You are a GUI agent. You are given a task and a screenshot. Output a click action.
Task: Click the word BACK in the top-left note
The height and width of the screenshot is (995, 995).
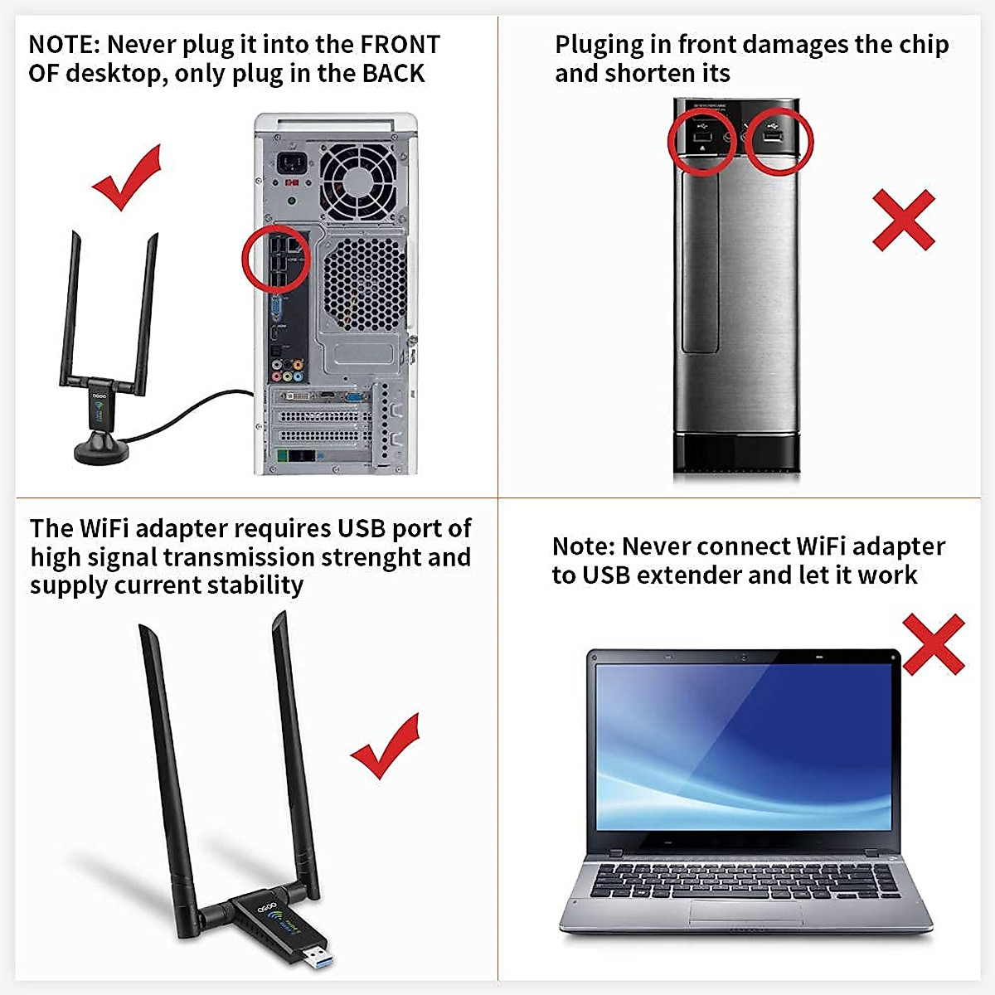(393, 73)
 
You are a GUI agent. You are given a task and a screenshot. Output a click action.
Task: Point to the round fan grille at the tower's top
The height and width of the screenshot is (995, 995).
(356, 177)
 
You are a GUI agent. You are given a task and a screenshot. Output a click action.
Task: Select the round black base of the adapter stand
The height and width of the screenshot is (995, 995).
(101, 452)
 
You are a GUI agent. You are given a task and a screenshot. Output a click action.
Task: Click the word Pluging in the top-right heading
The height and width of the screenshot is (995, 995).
(599, 44)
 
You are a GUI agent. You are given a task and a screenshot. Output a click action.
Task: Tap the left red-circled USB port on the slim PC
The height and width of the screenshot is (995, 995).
(701, 138)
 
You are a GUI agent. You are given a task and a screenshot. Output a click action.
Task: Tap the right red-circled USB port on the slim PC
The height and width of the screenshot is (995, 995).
(779, 138)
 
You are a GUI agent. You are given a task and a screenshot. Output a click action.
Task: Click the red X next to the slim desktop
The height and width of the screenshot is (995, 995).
(903, 220)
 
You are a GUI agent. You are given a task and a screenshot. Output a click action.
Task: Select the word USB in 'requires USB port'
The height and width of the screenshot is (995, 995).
(362, 528)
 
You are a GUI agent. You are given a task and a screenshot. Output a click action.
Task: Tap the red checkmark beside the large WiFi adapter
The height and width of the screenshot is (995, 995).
(386, 745)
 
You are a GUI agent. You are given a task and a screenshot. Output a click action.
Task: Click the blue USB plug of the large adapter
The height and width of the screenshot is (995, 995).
(315, 954)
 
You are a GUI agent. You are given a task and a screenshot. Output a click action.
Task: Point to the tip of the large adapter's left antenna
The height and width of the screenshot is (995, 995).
(142, 630)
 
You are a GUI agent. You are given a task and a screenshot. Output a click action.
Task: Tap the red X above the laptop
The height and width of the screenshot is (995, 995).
(933, 643)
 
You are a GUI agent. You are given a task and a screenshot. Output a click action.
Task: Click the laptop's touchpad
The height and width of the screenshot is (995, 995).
(745, 912)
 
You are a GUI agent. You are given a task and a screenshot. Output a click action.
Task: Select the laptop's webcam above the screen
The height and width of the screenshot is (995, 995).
(744, 658)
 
